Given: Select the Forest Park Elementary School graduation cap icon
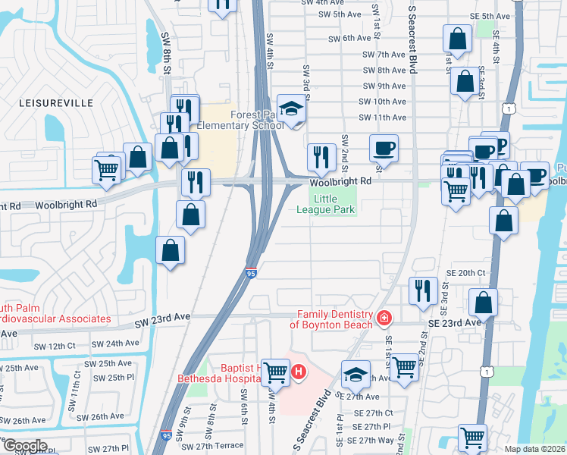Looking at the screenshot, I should click(x=290, y=108).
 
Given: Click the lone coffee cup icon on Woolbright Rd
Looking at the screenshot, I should click(x=384, y=148).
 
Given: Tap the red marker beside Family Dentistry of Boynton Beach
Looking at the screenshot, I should click(x=384, y=317).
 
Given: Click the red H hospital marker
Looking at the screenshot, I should click(x=299, y=372).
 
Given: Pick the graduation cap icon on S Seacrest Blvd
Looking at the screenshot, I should click(x=356, y=374).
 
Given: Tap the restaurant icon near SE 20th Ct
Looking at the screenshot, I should click(x=422, y=290).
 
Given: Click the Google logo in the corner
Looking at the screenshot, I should click(x=24, y=446).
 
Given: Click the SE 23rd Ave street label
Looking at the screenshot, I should click(x=457, y=322).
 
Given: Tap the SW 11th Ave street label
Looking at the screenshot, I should click(x=382, y=118).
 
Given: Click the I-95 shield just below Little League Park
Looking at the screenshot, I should click(x=252, y=271).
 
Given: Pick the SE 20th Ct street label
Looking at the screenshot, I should click(x=465, y=272).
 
